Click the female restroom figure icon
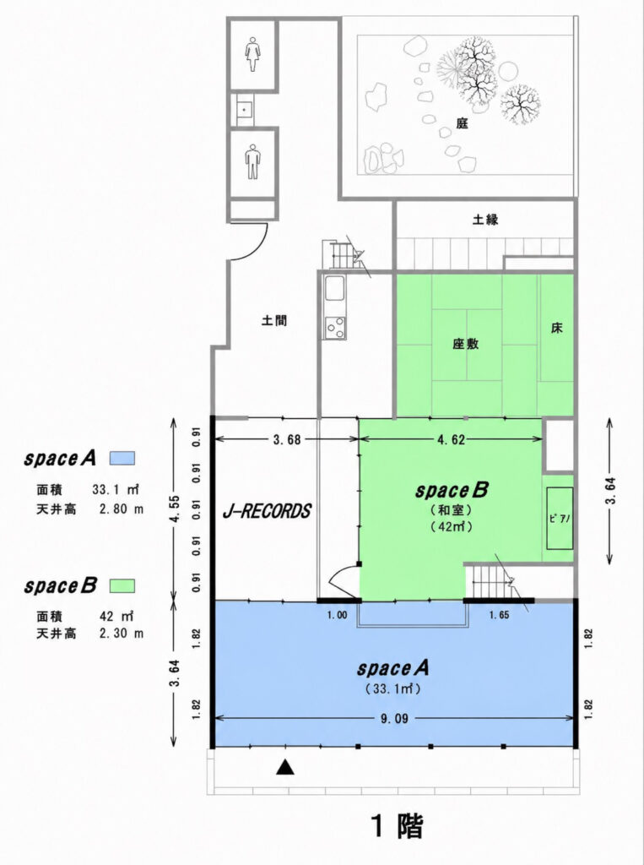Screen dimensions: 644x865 [252, 54]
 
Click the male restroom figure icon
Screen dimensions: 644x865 [252, 161]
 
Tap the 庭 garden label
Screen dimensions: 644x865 [462, 123]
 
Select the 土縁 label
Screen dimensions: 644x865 [484, 219]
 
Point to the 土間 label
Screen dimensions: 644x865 [274, 320]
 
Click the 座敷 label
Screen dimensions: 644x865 [466, 344]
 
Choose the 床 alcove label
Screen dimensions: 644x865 [556, 329]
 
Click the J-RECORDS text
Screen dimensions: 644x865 [267, 511]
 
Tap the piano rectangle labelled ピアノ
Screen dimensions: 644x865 [560, 518]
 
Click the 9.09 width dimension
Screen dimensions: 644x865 [394, 719]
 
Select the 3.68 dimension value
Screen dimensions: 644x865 [287, 439]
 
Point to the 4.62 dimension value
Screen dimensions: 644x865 [451, 439]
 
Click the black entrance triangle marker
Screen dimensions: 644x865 [284, 767]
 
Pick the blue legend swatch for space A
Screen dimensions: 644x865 [122, 458]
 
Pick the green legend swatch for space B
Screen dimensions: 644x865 [122, 585]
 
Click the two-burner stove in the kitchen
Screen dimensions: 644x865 [335, 328]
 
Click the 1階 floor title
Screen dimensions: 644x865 [397, 826]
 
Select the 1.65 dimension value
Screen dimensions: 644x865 [499, 615]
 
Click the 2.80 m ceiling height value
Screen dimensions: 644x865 [122, 509]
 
